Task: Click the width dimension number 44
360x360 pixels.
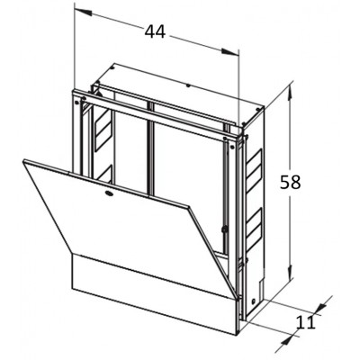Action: click(x=155, y=31)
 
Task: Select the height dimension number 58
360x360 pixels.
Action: click(x=290, y=182)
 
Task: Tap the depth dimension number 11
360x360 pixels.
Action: click(x=306, y=322)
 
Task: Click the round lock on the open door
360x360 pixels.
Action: click(x=109, y=193)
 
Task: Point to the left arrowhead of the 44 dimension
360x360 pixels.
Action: click(x=83, y=12)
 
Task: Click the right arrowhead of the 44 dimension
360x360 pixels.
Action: click(x=230, y=52)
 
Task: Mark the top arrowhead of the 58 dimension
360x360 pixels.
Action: click(x=290, y=91)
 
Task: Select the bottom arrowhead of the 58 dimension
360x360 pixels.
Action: click(x=290, y=273)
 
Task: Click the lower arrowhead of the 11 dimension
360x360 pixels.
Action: click(x=287, y=341)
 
